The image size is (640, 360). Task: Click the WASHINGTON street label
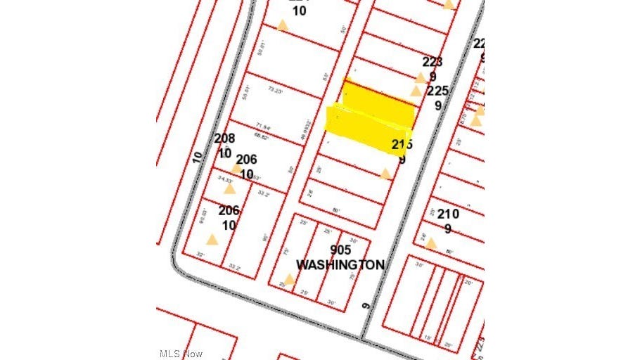click(340, 265)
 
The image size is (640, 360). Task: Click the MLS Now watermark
click(181, 353)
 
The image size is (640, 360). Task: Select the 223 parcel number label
click(433, 62)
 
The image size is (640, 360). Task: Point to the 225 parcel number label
click(437, 91)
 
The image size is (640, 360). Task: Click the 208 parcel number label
click(224, 139)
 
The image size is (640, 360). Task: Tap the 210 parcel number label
click(448, 214)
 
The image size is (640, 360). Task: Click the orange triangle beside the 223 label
click(421, 77)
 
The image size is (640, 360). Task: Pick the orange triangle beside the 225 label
click(416, 91)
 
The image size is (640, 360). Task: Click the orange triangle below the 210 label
click(431, 244)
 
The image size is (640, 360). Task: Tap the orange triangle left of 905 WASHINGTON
click(289, 278)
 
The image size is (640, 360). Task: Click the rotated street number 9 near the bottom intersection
click(366, 305)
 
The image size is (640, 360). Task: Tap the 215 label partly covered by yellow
click(402, 145)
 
